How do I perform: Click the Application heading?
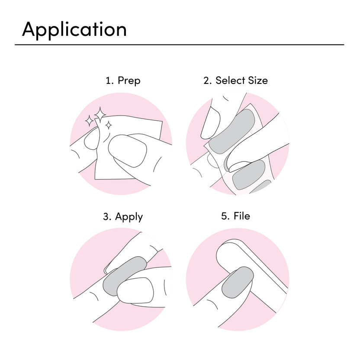click(x=74, y=29)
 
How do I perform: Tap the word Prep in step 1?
click(x=129, y=81)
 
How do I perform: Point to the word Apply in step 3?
click(x=129, y=217)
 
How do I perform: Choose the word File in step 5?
click(x=242, y=216)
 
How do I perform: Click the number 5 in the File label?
click(x=224, y=216)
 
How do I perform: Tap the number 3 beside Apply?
click(x=106, y=217)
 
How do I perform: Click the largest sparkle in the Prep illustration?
click(x=100, y=115)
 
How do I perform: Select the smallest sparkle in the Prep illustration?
click(x=109, y=125)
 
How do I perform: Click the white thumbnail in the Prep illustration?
click(x=127, y=151)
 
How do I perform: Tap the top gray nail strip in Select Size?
click(x=232, y=131)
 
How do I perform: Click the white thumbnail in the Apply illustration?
click(x=135, y=290)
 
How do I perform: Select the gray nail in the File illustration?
click(x=238, y=282)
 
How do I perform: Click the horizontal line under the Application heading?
click(x=179, y=45)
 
